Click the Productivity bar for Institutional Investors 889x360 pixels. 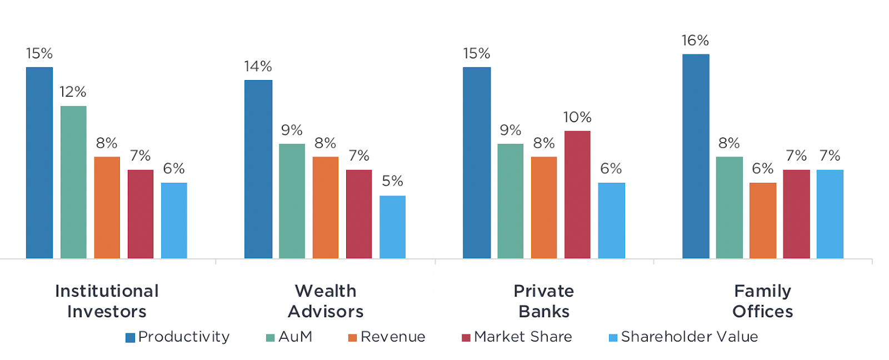pos(39,163)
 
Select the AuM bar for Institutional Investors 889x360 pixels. pos(73,182)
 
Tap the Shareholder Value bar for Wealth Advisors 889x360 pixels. pos(392,227)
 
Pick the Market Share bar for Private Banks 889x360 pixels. pos(577,194)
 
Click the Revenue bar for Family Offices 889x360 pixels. pos(762,221)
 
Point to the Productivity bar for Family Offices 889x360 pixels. pos(696,156)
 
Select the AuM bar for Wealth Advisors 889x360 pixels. pos(292,201)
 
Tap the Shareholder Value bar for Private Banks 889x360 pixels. pos(611,221)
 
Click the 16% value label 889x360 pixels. pos(695,41)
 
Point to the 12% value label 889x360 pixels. pos(73,92)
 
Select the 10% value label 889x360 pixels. pos(577,117)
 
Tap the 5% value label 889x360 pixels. pos(392,181)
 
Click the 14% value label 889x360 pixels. pos(258,67)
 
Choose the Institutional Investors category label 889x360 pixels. pos(107,301)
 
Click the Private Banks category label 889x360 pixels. pos(544,301)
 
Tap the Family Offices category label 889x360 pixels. pos(762,301)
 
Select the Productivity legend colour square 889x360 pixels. pos(131,338)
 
